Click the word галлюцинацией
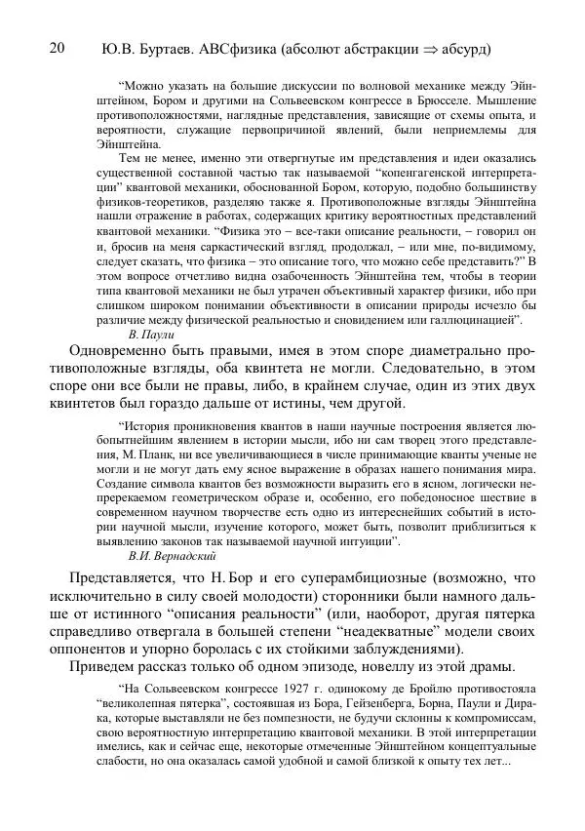point(471,319)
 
